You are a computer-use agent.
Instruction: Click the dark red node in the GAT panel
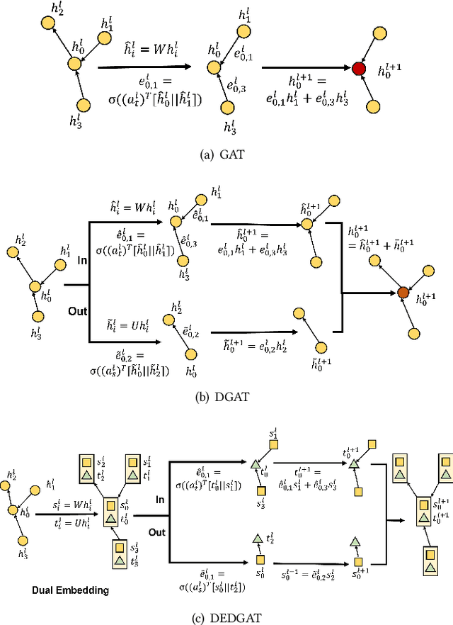click(359, 69)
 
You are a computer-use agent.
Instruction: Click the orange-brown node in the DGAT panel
click(403, 291)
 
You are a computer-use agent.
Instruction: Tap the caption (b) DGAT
click(226, 397)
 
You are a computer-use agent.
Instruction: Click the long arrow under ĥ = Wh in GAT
click(145, 67)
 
